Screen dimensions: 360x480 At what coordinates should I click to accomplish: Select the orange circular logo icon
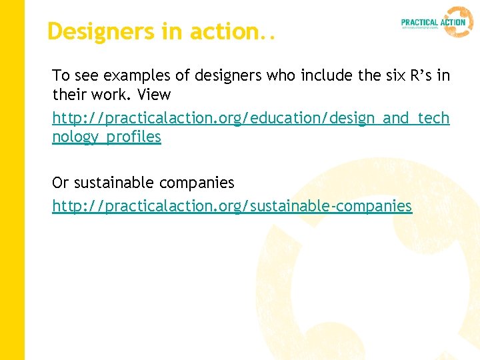click(459, 21)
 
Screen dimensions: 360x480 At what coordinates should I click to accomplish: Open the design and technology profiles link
click(251, 118)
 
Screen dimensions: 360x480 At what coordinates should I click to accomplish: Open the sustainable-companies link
click(232, 206)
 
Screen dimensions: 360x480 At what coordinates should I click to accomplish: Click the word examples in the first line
click(127, 75)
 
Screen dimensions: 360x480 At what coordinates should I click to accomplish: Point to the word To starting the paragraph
click(61, 75)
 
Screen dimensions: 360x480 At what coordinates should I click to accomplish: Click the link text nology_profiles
click(107, 137)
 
